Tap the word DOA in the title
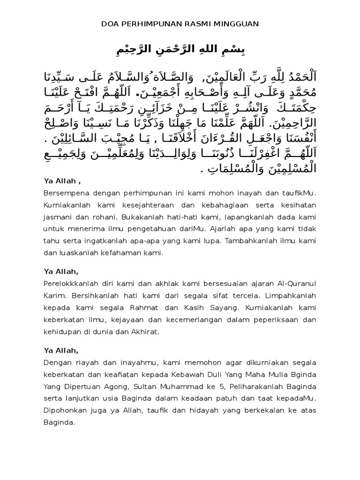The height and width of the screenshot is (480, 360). [x=110, y=23]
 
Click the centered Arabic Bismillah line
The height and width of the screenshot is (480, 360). [x=180, y=49]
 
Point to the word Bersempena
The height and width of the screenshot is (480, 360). [x=64, y=193]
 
